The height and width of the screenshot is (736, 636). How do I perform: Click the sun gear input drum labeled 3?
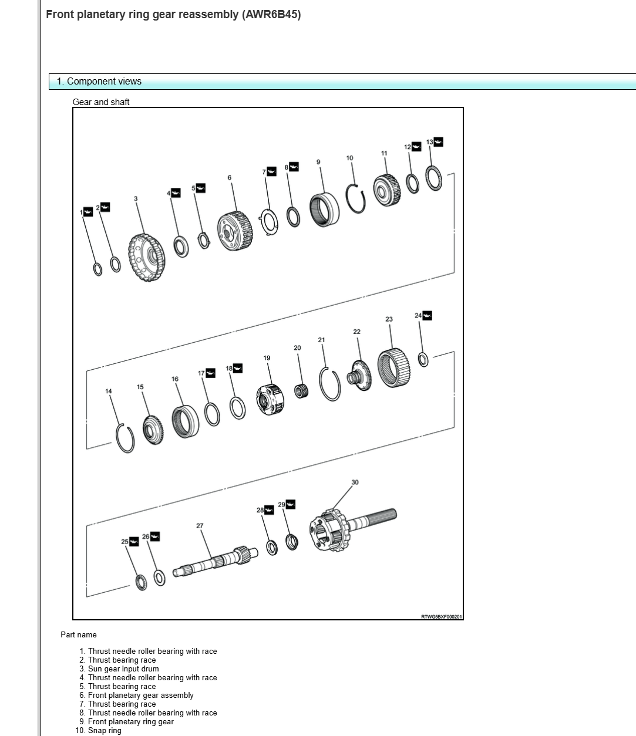[x=146, y=257]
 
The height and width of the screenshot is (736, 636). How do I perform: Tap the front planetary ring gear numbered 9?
[x=324, y=210]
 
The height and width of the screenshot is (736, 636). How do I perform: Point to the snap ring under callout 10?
[x=356, y=199]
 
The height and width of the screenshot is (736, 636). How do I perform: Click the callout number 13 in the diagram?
[x=429, y=142]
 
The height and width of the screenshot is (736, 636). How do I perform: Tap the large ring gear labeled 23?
[x=392, y=367]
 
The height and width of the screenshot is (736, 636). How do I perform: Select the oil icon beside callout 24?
[x=427, y=316]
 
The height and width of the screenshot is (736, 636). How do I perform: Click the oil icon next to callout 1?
[x=88, y=212]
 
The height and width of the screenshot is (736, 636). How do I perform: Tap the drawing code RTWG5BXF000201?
[x=442, y=616]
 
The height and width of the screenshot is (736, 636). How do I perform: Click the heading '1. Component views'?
[x=99, y=82]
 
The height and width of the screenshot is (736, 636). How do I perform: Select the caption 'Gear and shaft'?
[x=101, y=102]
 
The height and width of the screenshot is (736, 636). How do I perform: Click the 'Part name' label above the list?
[x=79, y=634]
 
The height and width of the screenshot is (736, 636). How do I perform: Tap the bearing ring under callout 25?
[x=141, y=583]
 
